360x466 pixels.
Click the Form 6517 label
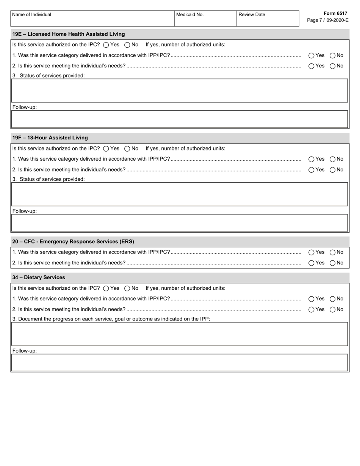(x=335, y=13)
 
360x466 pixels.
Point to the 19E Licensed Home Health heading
(x=69, y=34)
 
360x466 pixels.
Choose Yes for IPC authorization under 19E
(x=106, y=45)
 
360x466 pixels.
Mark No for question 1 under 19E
(x=333, y=55)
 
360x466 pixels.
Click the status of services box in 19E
(x=180, y=91)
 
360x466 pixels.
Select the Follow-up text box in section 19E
(x=180, y=119)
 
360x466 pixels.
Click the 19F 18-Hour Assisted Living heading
(x=50, y=138)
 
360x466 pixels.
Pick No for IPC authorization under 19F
(x=127, y=149)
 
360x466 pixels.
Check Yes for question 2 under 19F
(x=311, y=170)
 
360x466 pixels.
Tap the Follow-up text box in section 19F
(x=180, y=223)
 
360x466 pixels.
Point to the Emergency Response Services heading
(x=73, y=241)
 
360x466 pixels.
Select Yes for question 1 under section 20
(x=311, y=252)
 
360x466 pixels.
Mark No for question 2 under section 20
(x=333, y=263)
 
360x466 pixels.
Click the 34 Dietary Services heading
(x=39, y=277)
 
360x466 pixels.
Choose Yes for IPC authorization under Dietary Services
(x=106, y=288)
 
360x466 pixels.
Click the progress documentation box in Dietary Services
(x=180, y=334)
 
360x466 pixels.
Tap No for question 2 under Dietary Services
(x=333, y=310)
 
